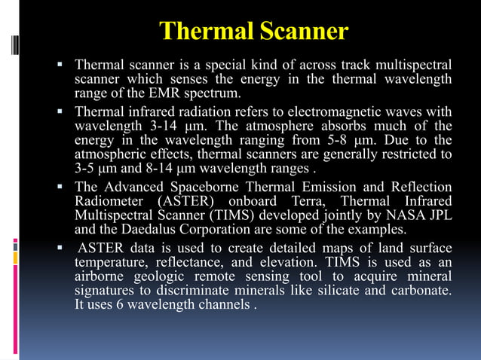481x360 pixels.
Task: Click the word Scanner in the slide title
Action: [x=305, y=31]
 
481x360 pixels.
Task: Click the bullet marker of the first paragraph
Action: [x=60, y=64]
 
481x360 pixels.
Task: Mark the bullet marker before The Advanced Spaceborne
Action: [x=60, y=186]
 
